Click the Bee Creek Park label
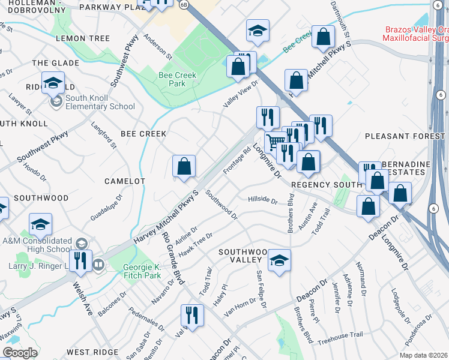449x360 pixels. [x=172, y=80]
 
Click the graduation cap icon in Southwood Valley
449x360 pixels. [x=279, y=261]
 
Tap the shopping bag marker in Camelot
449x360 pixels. [x=184, y=167]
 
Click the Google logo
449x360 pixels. [x=20, y=353]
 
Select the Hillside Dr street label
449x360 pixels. [x=262, y=200]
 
